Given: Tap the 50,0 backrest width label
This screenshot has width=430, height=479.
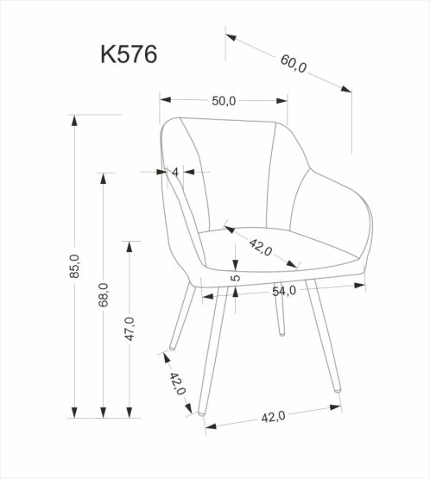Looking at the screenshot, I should (223, 100).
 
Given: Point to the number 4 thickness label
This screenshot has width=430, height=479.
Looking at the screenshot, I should (175, 172).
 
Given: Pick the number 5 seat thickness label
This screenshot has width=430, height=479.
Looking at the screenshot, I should (235, 278).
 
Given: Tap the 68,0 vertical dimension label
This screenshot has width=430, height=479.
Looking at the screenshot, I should (103, 295).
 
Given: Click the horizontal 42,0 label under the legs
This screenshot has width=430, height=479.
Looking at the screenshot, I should (272, 418).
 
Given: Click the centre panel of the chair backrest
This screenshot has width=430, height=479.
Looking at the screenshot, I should (235, 173).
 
